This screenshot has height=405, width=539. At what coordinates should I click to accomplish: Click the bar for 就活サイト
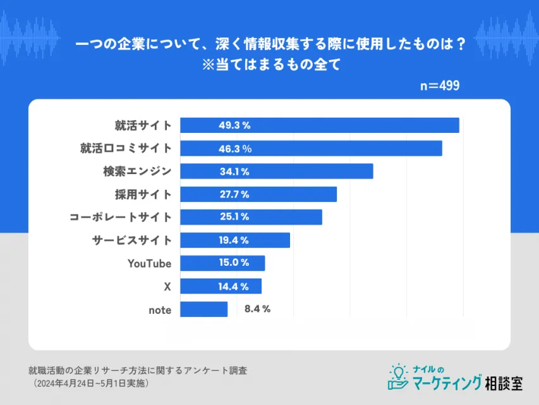pyautogui.click(x=319, y=125)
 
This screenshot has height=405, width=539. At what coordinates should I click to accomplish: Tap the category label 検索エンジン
pyautogui.click(x=137, y=171)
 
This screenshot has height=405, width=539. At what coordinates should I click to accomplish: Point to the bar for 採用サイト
pyautogui.click(x=258, y=194)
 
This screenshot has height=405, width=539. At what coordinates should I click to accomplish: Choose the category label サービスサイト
pyautogui.click(x=131, y=240)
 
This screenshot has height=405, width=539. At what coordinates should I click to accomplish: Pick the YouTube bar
pyautogui.click(x=222, y=263)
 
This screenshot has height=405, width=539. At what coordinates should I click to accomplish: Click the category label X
pyautogui.click(x=167, y=286)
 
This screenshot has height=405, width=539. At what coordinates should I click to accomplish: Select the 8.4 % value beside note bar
pyautogui.click(x=257, y=309)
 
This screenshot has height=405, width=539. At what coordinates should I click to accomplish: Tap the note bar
pyautogui.click(x=203, y=309)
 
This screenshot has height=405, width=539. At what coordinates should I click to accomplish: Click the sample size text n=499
pyautogui.click(x=440, y=85)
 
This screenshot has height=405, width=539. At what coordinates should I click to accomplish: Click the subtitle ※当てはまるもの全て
pyautogui.click(x=270, y=65)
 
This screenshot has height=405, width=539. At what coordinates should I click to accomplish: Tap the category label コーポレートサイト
pyautogui.click(x=120, y=217)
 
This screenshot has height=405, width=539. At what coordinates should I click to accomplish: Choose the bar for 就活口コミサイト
pyautogui.click(x=311, y=149)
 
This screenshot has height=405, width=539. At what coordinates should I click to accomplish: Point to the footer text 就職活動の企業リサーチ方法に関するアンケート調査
pyautogui.click(x=138, y=371)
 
